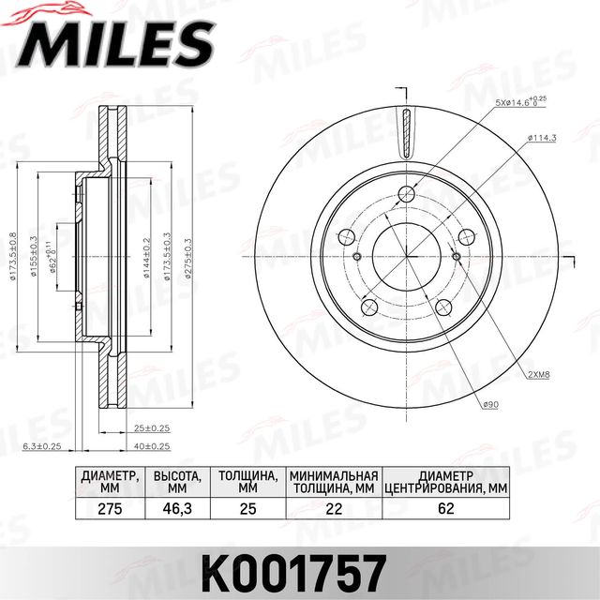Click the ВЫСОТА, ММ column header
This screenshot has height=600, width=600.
click(x=176, y=482)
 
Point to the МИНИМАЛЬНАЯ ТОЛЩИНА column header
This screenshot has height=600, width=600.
click(x=333, y=482)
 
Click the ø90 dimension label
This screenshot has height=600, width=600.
click(x=489, y=405)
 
